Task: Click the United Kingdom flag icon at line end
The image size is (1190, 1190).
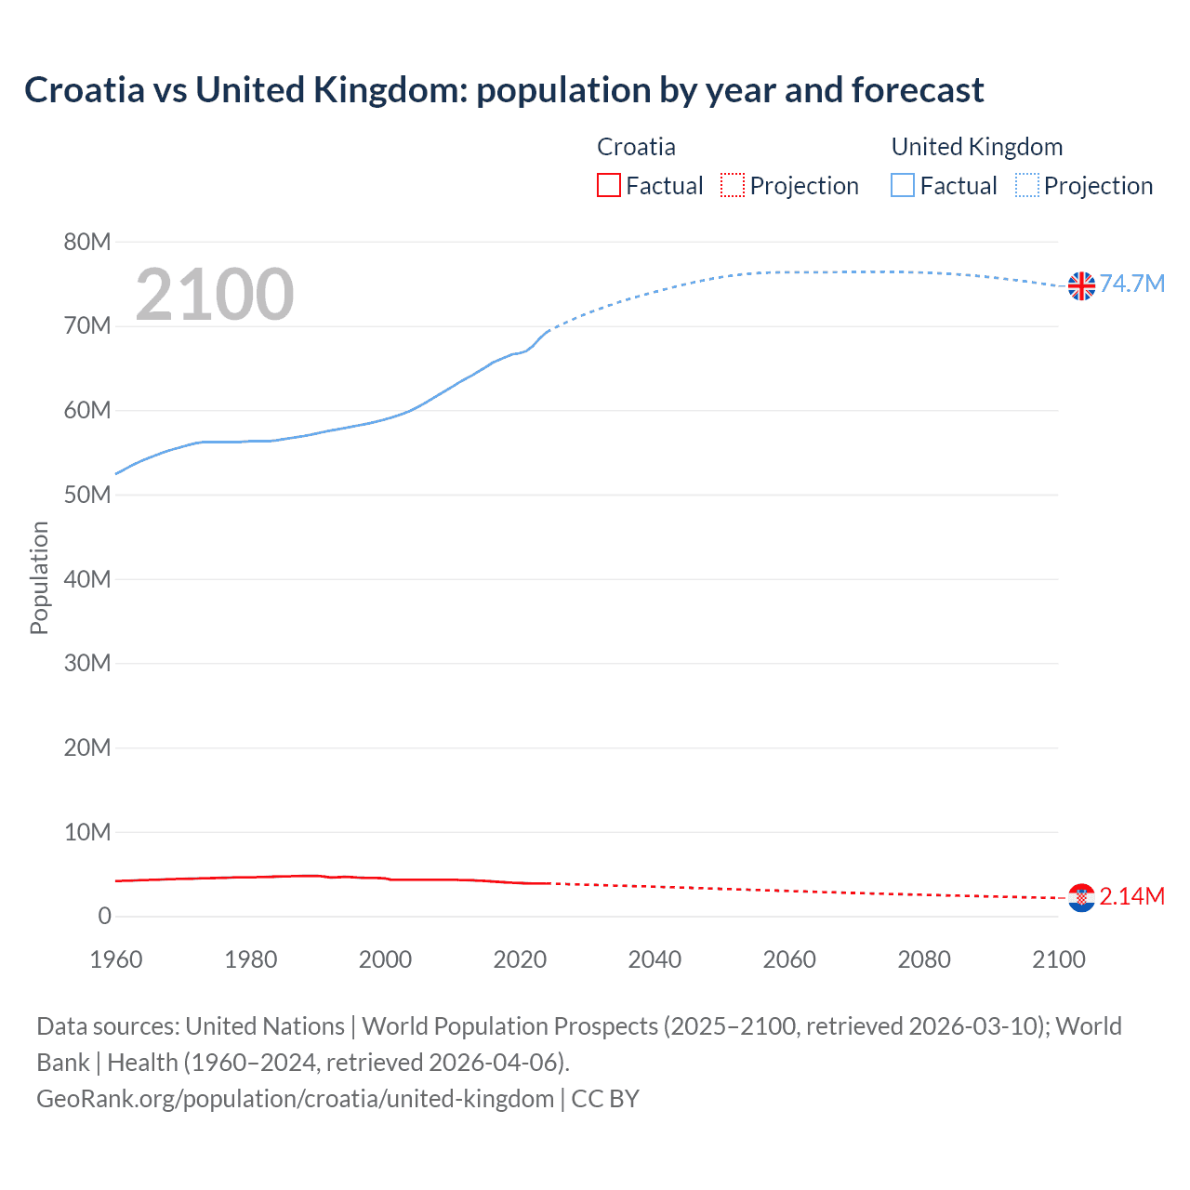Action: (1081, 286)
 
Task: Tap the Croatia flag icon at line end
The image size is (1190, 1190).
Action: (1081, 897)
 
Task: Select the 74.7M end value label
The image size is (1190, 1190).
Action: (1132, 284)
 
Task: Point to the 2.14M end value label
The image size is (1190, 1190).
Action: (1132, 896)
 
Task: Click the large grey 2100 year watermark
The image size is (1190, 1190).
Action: (215, 295)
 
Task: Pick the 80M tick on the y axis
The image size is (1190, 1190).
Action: (87, 243)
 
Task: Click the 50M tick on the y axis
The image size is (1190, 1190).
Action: (87, 496)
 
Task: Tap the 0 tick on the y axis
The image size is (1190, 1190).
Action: (104, 917)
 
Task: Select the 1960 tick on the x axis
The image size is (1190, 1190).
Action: (116, 959)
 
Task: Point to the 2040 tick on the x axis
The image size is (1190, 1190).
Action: (654, 959)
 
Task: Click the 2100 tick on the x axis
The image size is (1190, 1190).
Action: (1058, 959)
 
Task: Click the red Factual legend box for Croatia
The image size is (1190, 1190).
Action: (609, 185)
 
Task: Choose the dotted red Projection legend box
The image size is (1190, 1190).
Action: (733, 185)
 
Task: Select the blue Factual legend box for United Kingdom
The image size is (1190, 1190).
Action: (903, 185)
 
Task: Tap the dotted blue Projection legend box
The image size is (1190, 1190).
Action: (1027, 185)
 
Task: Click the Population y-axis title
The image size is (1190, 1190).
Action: (39, 577)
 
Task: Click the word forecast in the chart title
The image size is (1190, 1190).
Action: (917, 90)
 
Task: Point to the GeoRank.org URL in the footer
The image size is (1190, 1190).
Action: (295, 1099)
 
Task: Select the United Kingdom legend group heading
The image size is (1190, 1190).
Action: (976, 147)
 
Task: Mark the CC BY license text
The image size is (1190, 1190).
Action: (605, 1099)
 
